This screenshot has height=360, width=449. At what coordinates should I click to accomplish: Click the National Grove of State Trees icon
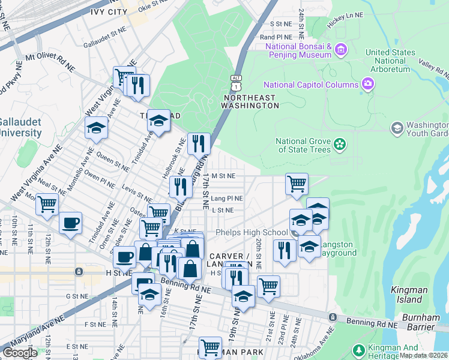[x=340, y=144]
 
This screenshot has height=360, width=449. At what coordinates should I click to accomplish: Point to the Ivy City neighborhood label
[x=109, y=11]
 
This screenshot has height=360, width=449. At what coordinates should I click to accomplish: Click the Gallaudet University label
[x=20, y=127]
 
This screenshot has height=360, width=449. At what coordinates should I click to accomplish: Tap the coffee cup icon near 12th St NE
[x=70, y=223]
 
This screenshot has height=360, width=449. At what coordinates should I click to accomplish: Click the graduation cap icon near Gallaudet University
[x=96, y=128]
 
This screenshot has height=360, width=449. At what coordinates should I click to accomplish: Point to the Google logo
[x=20, y=353]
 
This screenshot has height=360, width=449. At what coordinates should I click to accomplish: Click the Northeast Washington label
[x=250, y=101]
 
